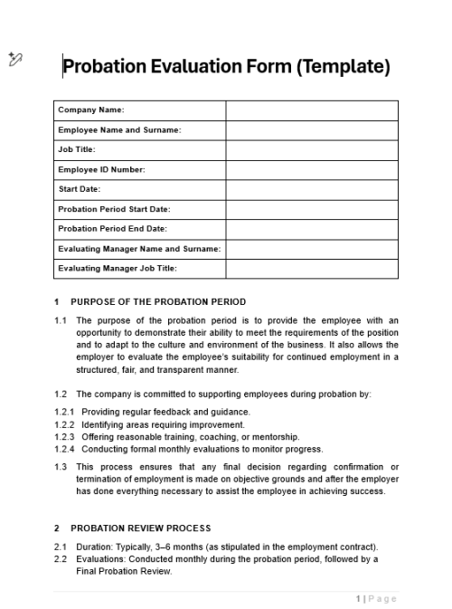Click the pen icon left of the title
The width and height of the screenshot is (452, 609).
(15, 60)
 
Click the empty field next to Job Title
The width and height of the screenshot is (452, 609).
(311, 150)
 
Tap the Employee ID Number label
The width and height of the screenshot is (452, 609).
(101, 170)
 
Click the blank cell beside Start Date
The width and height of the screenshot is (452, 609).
(311, 190)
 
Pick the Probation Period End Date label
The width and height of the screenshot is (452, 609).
(112, 229)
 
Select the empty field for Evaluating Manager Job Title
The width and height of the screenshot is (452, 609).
(311, 269)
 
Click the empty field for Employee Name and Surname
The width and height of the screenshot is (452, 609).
(311, 130)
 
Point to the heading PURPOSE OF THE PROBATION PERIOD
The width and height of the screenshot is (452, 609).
(157, 302)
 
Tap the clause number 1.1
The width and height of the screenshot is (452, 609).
(61, 320)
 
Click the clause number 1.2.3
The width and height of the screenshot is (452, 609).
(64, 437)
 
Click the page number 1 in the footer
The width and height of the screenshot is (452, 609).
(359, 598)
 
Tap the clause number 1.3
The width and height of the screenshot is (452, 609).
(61, 467)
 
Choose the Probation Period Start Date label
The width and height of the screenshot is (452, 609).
(114, 209)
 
